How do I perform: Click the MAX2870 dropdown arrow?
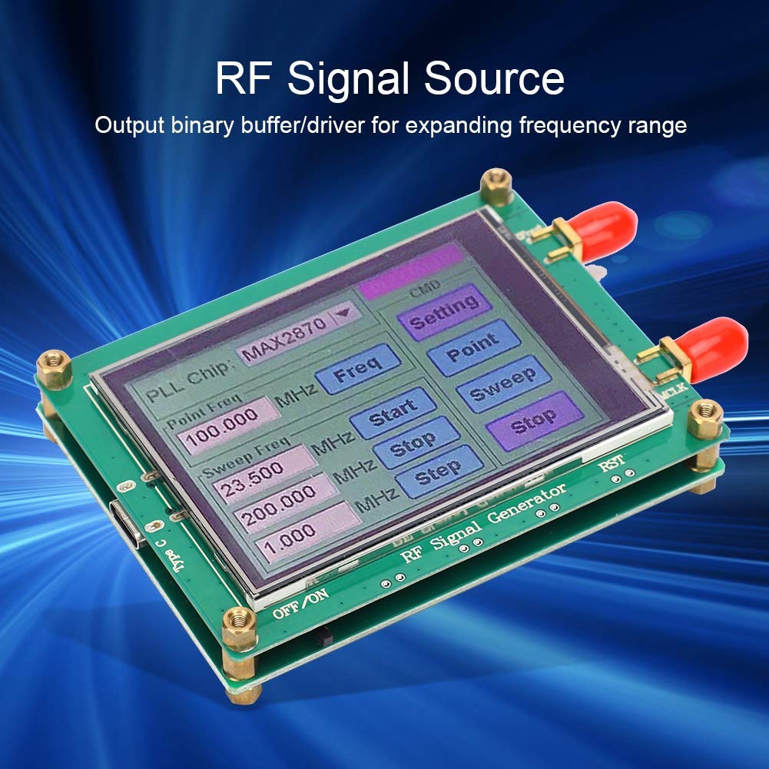(x=342, y=313)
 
